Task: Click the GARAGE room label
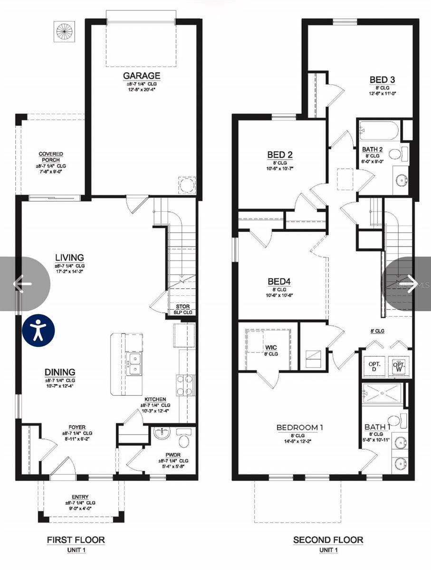coord(142,76)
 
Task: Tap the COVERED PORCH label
coord(51,157)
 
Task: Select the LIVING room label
coord(69,258)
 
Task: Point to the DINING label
coord(60,372)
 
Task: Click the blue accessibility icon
coord(38,330)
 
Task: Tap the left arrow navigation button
coord(22,284)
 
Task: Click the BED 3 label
coord(383,80)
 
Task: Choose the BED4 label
coord(279,281)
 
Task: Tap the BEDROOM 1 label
coord(299,427)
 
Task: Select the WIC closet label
coord(271,348)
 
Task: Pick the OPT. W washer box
coord(399,366)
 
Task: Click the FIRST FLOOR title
coord(76,540)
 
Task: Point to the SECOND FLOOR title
coord(328,540)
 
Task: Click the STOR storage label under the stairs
coord(182,307)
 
